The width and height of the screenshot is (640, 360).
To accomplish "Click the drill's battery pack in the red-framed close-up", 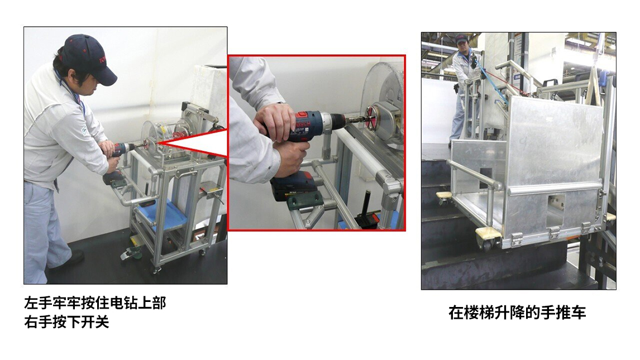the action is pyautogui.click(x=293, y=187).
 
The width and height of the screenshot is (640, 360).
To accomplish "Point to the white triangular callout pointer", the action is pyautogui.click(x=192, y=143).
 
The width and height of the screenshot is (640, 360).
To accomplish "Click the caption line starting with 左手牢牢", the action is pyautogui.click(x=95, y=303).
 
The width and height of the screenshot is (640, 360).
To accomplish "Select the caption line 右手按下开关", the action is pyautogui.click(x=66, y=321).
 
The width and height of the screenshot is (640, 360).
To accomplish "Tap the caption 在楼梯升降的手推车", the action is pyautogui.click(x=517, y=313).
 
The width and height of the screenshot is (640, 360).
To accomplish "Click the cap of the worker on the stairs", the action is pyautogui.click(x=461, y=39).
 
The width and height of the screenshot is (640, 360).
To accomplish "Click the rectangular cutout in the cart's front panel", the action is pyautogui.click(x=555, y=210).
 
